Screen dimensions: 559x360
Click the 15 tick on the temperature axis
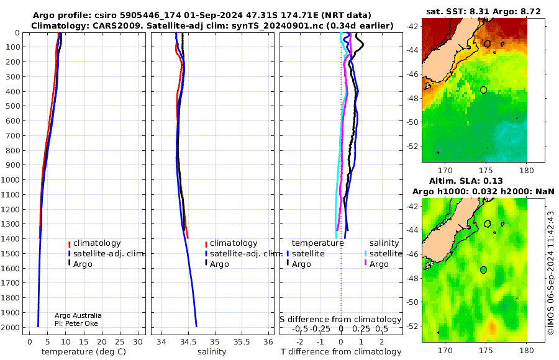[x=83, y=341]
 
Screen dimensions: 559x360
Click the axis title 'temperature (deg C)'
[x=84, y=352]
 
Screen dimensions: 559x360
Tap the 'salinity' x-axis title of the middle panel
[x=212, y=352]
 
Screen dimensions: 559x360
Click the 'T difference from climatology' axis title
[x=341, y=352]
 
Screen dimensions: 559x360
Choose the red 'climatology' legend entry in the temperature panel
[x=94, y=243]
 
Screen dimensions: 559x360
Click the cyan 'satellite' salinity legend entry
[x=383, y=253]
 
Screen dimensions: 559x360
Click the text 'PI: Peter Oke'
[x=76, y=323]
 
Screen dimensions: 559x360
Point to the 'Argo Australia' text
[x=78, y=315]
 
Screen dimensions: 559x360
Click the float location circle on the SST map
[x=483, y=90]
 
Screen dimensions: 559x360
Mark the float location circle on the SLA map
[x=483, y=270]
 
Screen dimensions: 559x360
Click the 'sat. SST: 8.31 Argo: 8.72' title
[x=483, y=11]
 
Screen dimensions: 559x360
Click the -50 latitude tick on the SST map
[x=412, y=122]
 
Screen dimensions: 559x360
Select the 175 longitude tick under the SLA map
[x=486, y=351]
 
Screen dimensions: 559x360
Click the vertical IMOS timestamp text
[x=551, y=272]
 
